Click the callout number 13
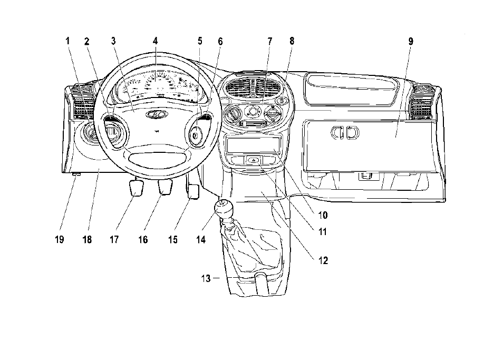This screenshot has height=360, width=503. (x=206, y=278)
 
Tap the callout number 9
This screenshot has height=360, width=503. (x=411, y=41)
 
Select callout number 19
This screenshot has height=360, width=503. (x=60, y=239)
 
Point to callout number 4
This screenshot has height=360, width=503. (x=155, y=41)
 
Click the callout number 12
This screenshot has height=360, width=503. (x=323, y=260)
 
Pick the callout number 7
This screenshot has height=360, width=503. (x=270, y=41)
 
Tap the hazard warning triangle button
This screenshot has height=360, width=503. (x=254, y=159)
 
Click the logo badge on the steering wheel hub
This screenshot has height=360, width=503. (x=157, y=114)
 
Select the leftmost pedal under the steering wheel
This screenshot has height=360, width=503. (x=136, y=188)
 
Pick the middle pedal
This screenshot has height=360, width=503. (x=165, y=187)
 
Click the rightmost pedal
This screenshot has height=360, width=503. (x=193, y=192)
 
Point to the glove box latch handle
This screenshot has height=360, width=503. (x=345, y=132)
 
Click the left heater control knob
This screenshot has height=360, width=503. (x=233, y=114)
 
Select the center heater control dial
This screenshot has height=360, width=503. (x=253, y=112)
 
